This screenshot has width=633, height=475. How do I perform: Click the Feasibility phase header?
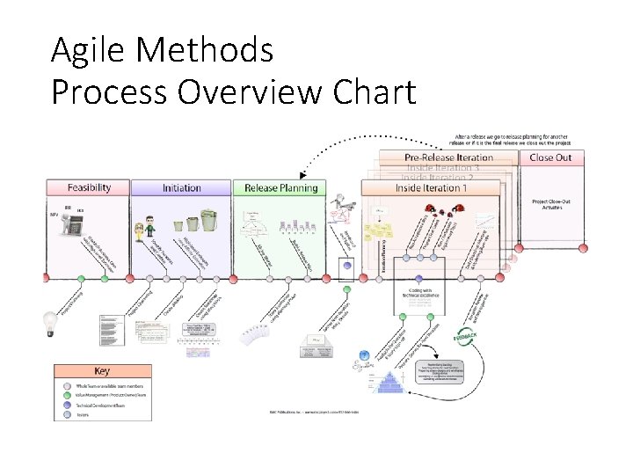click(x=90, y=187)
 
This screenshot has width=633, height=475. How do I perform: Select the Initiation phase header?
click(x=182, y=187)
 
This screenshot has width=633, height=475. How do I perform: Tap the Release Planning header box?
click(x=274, y=187)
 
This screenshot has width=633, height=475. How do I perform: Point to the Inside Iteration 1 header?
click(x=431, y=187)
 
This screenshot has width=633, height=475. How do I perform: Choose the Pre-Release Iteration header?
click(x=448, y=157)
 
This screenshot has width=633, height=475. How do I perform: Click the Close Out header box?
click(x=550, y=157)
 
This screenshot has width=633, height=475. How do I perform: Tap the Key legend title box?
click(x=102, y=370)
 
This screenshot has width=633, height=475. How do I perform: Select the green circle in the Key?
click(x=67, y=396)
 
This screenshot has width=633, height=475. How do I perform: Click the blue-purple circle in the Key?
click(x=67, y=405)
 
